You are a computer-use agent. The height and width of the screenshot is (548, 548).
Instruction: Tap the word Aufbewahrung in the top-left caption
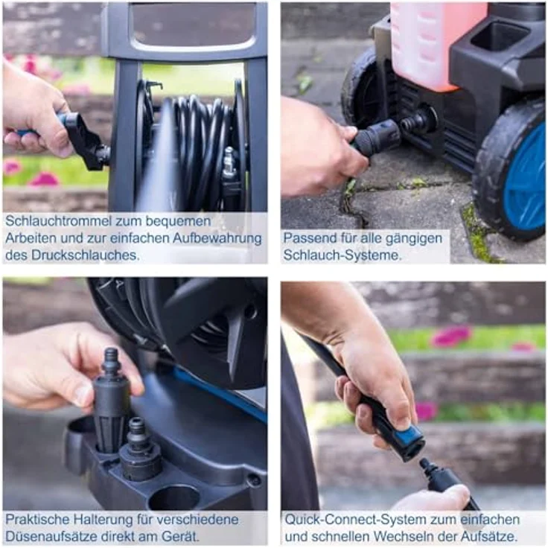click(x=217, y=238)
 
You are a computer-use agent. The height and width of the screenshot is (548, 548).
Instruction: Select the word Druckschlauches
click(x=86, y=255)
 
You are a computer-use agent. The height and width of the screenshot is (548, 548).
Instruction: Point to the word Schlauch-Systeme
click(x=342, y=255)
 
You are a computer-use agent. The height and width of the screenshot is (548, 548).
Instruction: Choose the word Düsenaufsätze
click(x=51, y=536)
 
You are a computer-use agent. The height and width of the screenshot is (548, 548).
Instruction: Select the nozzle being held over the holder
click(x=110, y=399)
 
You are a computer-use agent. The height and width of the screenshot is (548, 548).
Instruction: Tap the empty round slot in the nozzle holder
click(x=173, y=497)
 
